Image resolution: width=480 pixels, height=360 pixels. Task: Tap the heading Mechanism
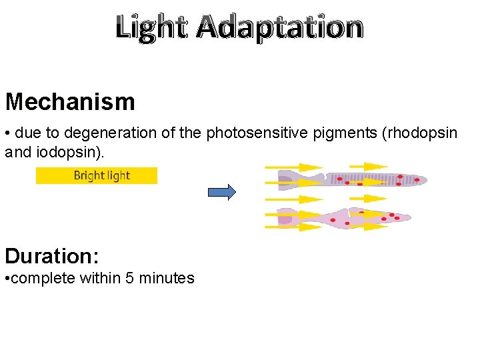[x=70, y=102]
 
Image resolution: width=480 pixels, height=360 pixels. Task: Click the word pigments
[x=339, y=133]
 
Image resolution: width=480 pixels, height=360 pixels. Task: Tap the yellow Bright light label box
[x=97, y=176]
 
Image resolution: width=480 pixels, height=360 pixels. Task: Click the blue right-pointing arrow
[x=222, y=192]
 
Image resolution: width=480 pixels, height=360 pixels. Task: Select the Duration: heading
[x=53, y=256]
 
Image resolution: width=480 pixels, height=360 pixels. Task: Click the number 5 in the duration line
[x=129, y=278]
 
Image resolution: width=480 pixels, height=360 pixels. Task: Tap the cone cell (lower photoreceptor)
[x=353, y=218]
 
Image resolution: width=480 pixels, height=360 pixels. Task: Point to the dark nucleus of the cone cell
[x=285, y=219]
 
